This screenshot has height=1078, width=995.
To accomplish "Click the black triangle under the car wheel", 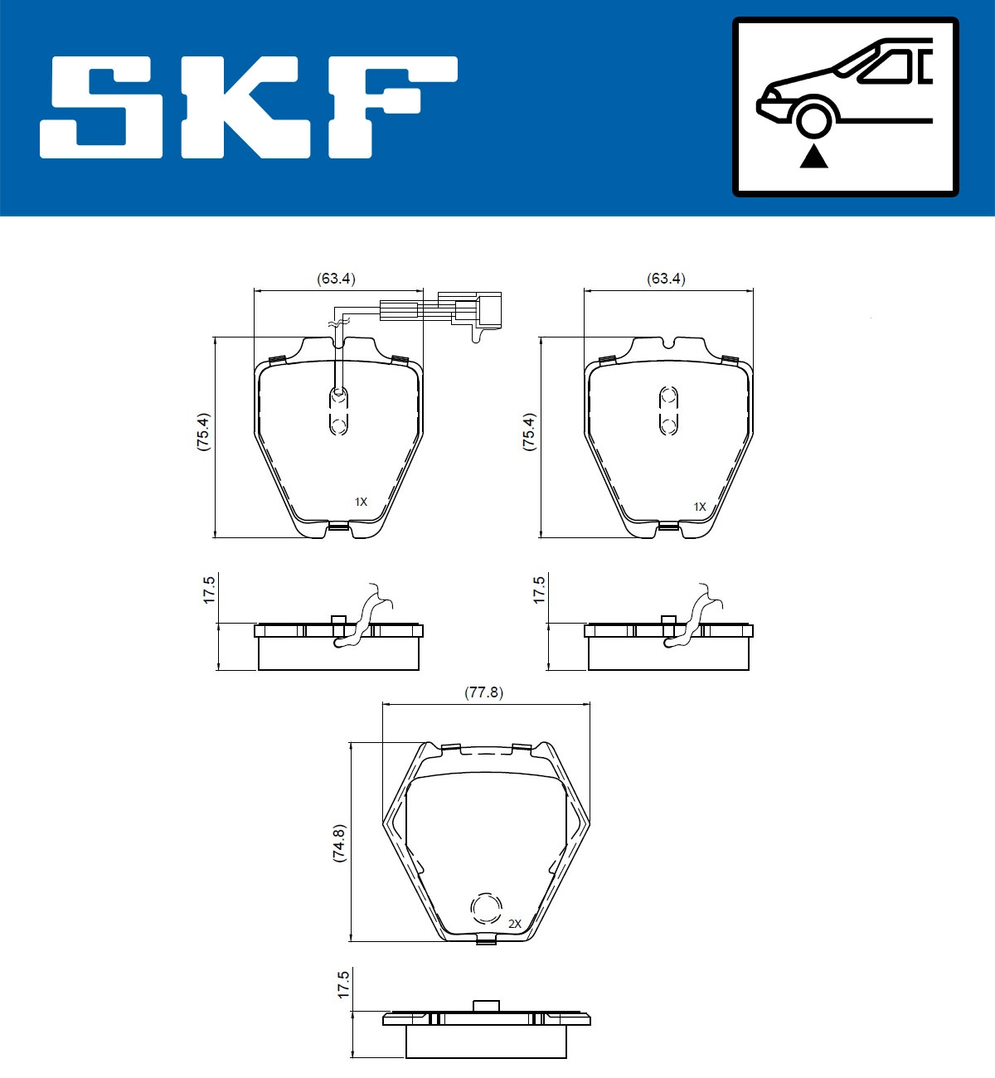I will pos(813,156).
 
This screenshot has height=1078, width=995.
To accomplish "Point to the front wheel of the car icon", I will pos(813,118).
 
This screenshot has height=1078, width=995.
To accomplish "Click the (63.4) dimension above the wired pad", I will pos(336,279).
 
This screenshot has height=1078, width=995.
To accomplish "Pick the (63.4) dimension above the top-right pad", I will pos(666,279).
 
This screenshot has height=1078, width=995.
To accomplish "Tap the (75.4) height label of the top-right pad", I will pos(529,431).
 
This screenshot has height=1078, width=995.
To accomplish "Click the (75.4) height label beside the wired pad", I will pos(203,431).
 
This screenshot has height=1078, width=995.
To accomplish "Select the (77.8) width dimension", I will pos(483,692).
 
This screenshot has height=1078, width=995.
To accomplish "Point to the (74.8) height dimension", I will pos(338,844).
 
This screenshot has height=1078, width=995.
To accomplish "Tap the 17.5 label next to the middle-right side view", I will pos(539,590).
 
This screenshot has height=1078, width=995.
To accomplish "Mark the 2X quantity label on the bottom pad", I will pos(514,924).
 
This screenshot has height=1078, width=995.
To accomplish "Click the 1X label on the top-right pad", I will pos(700,507).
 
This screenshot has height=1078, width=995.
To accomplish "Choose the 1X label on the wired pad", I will pos(361,502).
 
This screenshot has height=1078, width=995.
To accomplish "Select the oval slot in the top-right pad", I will pos(668,410).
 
